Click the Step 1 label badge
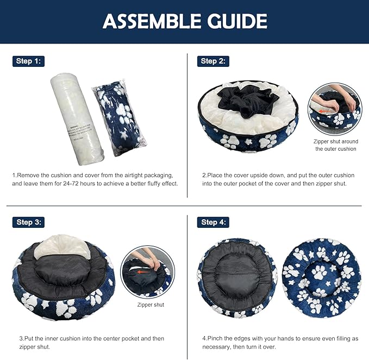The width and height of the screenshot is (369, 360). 28,61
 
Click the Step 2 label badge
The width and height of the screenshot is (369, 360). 212,61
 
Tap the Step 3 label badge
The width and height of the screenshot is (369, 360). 28,222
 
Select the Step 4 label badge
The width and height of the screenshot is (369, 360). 212,222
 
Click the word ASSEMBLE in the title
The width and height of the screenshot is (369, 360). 154,21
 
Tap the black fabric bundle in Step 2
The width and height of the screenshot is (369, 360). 248,100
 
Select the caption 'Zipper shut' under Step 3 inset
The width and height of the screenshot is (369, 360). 151,305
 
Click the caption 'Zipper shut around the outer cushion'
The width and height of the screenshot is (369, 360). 335,145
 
